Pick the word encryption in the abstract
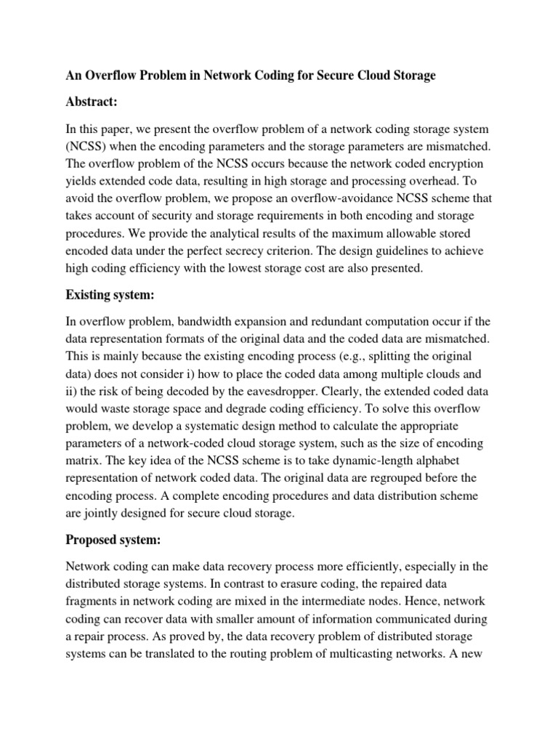(454, 163)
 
